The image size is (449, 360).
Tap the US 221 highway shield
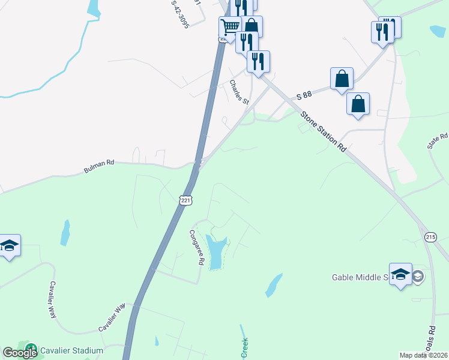click(184, 199)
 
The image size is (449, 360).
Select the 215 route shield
click(430, 237)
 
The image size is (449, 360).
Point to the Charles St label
click(239, 92)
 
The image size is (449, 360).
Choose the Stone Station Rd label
click(324, 131)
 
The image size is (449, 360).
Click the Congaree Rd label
click(197, 248)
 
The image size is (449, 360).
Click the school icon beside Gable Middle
click(400, 274)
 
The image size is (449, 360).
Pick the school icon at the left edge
click(9, 245)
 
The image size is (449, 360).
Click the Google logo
click(19, 353)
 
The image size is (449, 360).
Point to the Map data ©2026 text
click(424, 355)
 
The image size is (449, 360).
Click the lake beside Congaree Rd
click(216, 251)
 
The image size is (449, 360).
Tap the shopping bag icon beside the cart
click(251, 26)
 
